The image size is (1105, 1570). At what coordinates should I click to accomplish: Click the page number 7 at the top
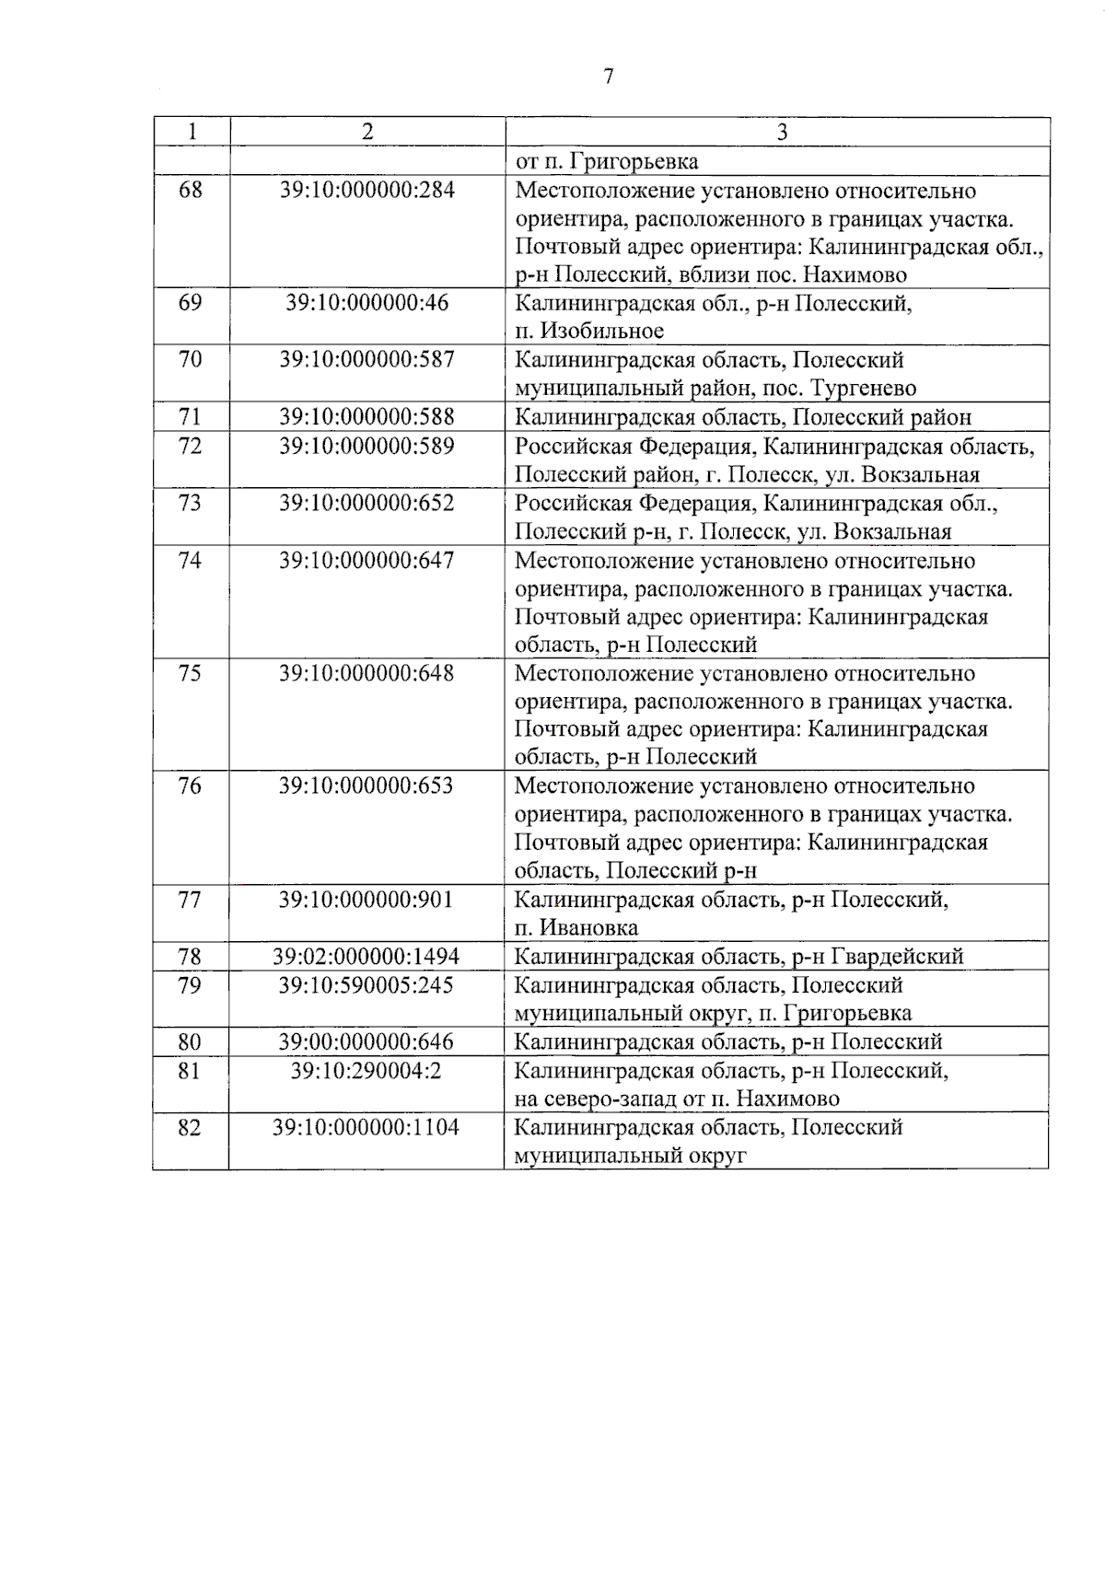click(608, 76)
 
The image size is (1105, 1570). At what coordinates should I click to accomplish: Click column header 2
click(367, 132)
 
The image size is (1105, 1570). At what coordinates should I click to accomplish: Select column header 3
click(781, 132)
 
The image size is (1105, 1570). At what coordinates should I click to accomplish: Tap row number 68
click(191, 191)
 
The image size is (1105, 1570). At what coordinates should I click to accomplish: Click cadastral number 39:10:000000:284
click(366, 191)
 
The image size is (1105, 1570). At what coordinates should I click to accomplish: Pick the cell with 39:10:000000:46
click(366, 303)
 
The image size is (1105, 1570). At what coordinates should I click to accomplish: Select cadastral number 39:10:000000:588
click(366, 417)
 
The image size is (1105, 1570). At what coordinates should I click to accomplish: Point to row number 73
click(190, 503)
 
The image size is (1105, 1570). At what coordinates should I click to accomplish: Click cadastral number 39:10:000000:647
click(366, 560)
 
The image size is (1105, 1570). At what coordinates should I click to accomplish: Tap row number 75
click(190, 673)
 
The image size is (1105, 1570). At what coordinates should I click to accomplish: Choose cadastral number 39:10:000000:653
click(366, 786)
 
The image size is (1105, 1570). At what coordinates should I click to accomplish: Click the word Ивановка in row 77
click(589, 927)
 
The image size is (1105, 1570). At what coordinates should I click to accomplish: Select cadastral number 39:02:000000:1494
click(366, 957)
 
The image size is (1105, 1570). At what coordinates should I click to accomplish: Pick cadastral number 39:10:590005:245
click(366, 985)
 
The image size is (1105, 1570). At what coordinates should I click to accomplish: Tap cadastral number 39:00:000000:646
click(366, 1041)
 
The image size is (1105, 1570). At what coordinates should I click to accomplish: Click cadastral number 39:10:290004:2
click(366, 1070)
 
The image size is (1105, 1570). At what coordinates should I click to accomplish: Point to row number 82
click(190, 1127)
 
